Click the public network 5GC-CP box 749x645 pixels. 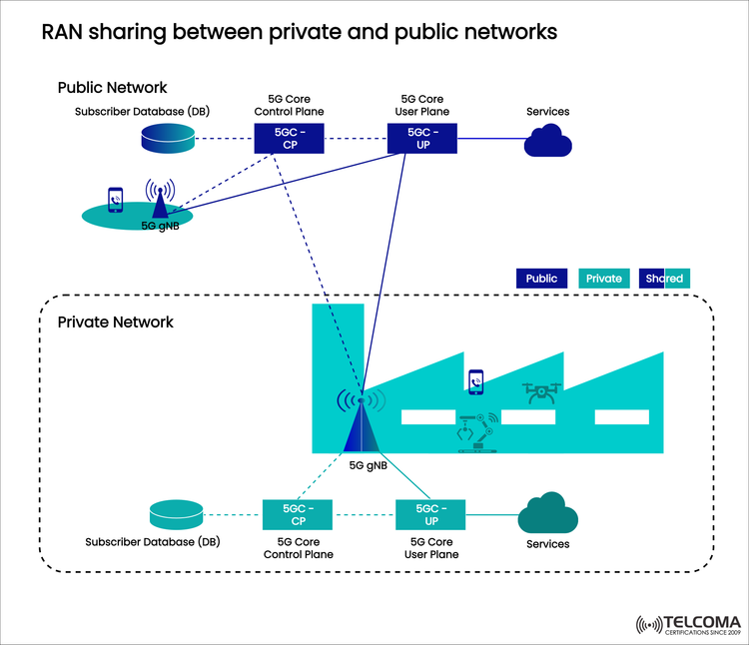pos(289,138)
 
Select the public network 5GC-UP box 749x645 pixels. pos(421,138)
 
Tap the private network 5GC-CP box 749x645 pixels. pos(297,514)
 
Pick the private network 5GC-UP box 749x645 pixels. pos(431,514)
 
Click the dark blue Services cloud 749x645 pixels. pos(548,143)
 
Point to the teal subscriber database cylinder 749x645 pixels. pos(176,514)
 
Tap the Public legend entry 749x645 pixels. pos(542,279)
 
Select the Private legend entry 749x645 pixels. pos(603,279)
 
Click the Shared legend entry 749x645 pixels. pos(664,279)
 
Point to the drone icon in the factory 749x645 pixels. pos(541,392)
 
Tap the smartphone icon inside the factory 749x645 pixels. pos(476,380)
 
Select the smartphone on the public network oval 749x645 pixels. pos(117,200)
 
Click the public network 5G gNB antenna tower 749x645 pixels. pos(159,200)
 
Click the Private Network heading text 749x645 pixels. pos(116,322)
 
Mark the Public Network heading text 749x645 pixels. pos(112,88)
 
